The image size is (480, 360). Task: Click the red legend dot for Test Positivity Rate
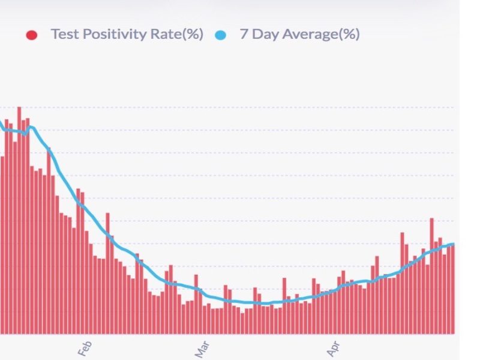click(32, 35)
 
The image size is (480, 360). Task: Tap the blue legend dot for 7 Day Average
click(221, 35)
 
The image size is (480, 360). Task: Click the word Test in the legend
click(64, 34)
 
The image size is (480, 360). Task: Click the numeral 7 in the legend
click(244, 34)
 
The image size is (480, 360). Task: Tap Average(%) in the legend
click(321, 34)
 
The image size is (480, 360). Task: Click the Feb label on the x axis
click(85, 347)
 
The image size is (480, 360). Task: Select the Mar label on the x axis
click(204, 347)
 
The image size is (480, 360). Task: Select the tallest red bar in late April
click(431, 276)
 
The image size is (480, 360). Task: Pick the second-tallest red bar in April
click(402, 282)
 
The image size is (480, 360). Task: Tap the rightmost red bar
click(452, 288)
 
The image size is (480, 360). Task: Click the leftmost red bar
click(2, 246)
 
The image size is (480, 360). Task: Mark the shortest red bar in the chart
click(242, 323)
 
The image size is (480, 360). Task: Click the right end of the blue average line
click(453, 244)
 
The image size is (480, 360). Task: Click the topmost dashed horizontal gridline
click(240, 107)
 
